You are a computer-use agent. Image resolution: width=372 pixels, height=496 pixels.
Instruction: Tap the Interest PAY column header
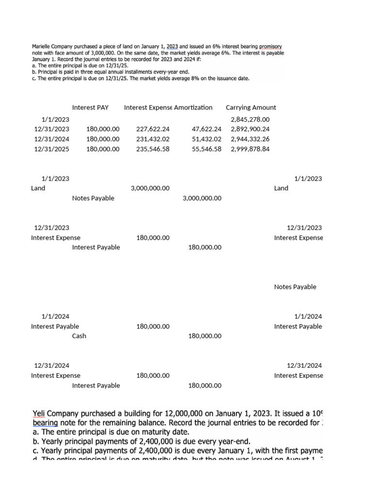click(90, 108)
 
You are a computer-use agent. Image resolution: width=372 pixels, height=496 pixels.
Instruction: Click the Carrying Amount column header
click(251, 108)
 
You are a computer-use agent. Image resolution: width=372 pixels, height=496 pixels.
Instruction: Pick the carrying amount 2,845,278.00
click(250, 119)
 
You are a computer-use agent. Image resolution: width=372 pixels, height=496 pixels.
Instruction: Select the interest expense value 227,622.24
click(153, 129)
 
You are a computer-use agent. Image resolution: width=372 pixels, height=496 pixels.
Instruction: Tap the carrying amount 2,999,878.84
click(250, 149)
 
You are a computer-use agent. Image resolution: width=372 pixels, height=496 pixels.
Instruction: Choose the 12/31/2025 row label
click(51, 149)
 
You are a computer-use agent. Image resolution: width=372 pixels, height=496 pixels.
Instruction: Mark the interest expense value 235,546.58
click(153, 149)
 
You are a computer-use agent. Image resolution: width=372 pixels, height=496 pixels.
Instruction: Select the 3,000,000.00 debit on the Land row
click(150, 188)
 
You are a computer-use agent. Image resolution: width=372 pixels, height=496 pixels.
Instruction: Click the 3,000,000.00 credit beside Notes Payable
click(202, 198)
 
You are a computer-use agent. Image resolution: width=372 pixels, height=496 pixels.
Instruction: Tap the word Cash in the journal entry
click(79, 336)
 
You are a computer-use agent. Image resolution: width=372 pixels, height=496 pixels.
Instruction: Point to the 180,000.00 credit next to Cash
click(204, 336)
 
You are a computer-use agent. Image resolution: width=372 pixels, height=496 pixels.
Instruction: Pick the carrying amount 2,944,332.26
click(250, 139)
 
